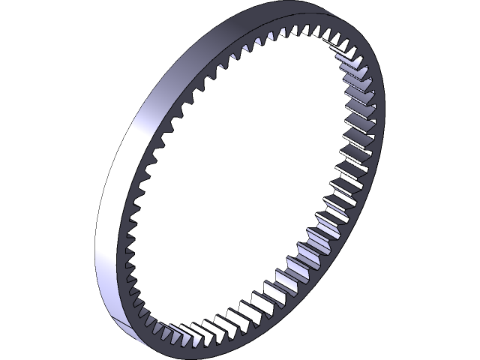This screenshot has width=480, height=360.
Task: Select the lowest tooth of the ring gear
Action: click(x=177, y=330)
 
